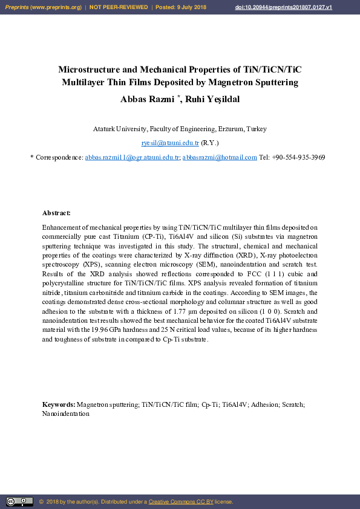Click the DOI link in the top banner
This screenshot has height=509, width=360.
[x=284, y=7]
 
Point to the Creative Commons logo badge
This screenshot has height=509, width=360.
[x=19, y=501]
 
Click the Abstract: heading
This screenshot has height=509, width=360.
[x=56, y=213]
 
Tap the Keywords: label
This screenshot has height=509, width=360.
[x=59, y=404]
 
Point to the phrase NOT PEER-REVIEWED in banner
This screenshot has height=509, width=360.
[x=119, y=7]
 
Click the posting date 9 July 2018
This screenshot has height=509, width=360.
[x=193, y=7]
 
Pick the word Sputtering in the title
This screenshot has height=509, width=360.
[x=277, y=82]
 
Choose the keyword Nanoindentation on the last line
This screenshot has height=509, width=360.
[x=66, y=414]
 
